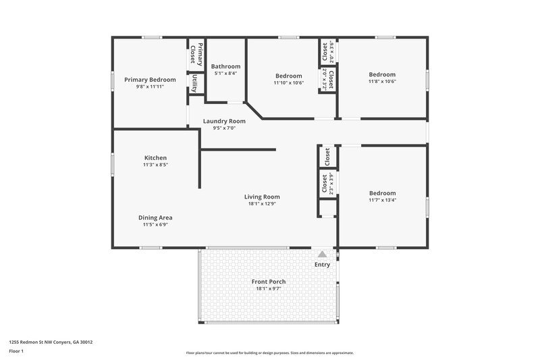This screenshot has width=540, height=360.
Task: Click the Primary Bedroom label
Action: pos(150,80)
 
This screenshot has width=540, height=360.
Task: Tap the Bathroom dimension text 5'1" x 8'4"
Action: pos(225,73)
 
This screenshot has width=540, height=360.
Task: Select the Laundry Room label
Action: pos(224,121)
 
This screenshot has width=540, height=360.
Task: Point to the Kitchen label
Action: pos(155,157)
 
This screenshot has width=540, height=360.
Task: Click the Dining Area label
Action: pos(155,217)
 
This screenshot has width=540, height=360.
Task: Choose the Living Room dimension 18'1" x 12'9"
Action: pos(262,203)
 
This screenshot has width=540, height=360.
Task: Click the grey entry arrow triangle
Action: pos(323,254)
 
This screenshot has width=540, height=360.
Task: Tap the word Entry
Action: pos(323,264)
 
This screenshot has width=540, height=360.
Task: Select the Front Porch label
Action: pos(269,282)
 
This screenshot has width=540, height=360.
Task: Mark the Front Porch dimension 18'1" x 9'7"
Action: pos(269,288)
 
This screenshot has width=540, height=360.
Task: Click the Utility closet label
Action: pos(194,83)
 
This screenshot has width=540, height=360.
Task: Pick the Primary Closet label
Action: pos(196,53)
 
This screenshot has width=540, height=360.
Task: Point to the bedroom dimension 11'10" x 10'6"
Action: pos(289,82)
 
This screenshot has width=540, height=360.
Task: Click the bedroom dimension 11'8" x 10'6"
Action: pos(382,81)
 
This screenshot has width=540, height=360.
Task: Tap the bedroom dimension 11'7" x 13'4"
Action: pos(382,200)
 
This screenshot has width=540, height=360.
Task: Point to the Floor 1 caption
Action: pos(17,351)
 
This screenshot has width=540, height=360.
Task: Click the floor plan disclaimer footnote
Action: pos(269,353)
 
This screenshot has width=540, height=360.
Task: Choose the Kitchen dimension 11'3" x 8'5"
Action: pos(155,164)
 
